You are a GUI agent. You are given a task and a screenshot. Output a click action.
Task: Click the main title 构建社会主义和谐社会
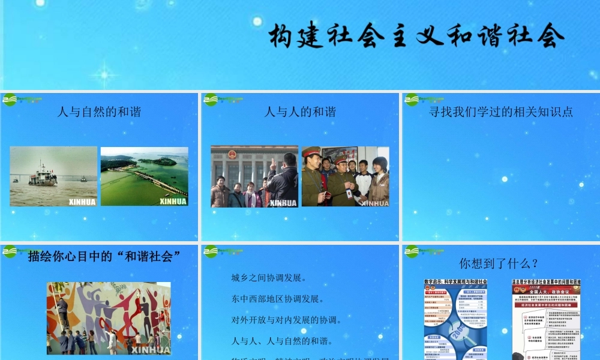416,37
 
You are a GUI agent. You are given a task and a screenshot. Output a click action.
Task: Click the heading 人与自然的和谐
99,112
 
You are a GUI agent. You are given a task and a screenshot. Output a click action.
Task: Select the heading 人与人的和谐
300,112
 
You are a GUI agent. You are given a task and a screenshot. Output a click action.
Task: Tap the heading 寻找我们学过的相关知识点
501,112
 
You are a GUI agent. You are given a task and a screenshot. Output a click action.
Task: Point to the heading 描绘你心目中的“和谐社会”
104,257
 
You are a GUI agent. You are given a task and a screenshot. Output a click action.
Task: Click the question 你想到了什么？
499,263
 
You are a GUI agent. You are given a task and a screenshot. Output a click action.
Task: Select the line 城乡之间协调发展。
269,278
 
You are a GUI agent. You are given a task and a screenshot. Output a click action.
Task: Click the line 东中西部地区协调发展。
278,299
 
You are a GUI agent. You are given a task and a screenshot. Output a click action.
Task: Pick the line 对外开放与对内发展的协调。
286,320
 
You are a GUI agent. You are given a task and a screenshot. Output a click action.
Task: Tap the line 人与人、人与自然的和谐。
282,341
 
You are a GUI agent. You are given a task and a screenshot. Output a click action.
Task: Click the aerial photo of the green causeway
144,176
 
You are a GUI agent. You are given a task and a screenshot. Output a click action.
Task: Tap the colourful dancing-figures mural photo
109,318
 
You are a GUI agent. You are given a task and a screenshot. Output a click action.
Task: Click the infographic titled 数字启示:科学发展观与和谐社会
455,318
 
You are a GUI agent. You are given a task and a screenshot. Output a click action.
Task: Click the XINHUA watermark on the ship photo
82,202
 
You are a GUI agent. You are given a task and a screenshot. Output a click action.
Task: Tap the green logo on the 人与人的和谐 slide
211,99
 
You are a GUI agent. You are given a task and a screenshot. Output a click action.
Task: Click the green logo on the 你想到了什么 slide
412,251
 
